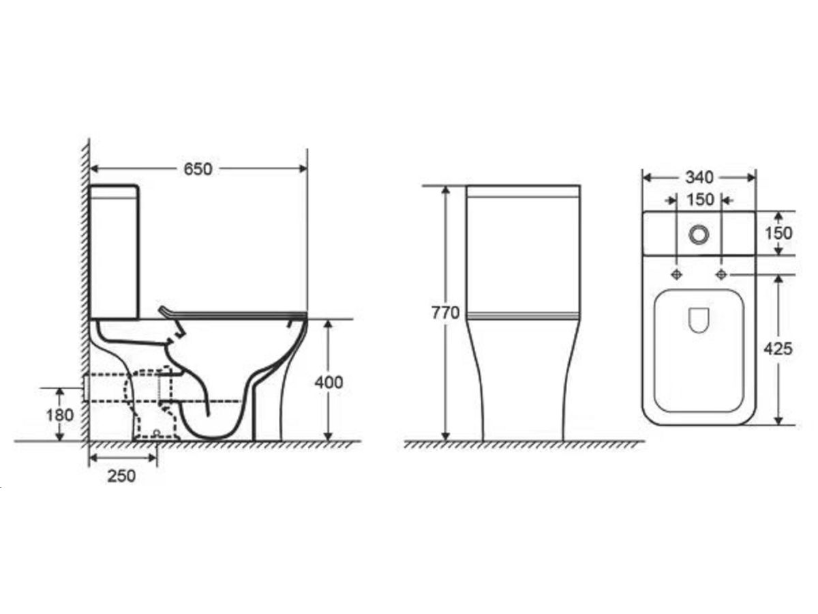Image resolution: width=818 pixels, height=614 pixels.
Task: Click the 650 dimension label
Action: (198, 169)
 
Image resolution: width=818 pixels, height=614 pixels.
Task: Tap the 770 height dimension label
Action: (445, 312)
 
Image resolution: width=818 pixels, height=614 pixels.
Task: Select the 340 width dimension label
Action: (699, 177)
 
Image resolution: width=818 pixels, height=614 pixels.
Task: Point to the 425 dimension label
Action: (778, 349)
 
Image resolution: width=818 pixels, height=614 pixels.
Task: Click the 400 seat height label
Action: (329, 383)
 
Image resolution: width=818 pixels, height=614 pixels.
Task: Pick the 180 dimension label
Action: (59, 415)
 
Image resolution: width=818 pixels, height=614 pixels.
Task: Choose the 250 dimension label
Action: (121, 476)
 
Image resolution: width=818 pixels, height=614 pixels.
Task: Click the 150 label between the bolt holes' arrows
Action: (700, 200)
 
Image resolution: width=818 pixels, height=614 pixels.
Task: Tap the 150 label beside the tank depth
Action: (778, 233)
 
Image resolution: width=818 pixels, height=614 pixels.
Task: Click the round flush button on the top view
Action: (699, 235)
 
